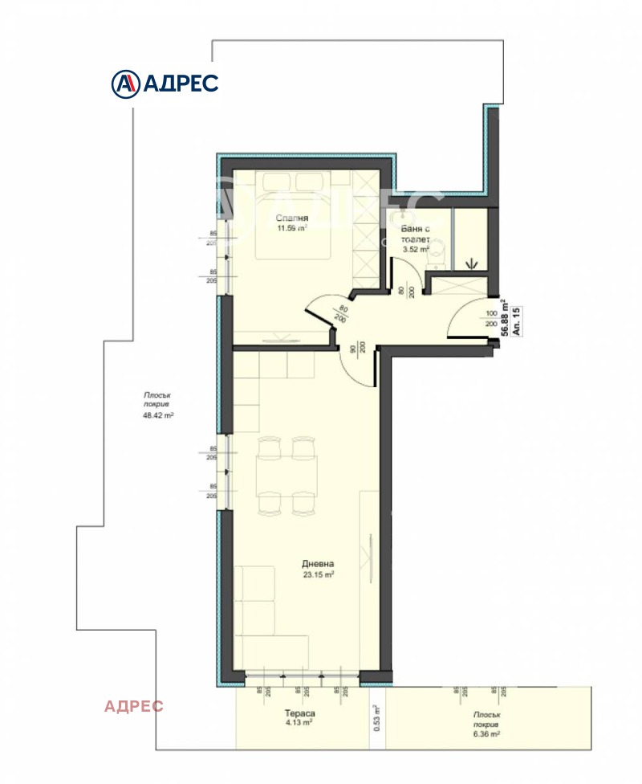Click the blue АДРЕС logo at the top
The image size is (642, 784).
[165, 82]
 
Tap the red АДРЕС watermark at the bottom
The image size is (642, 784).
[134, 706]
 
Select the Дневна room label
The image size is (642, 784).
[318, 563]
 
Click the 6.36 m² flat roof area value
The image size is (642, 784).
[485, 733]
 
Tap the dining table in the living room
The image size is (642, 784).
[285, 476]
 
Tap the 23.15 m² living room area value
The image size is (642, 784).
[319, 574]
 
